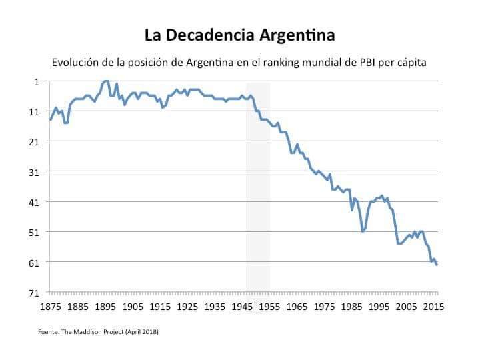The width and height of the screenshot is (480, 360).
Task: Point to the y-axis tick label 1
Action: coord(37,81)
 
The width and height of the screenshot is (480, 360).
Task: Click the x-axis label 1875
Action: coord(51,307)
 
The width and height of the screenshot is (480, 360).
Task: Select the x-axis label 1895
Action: coord(105,307)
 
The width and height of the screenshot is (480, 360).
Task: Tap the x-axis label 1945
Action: coord(242,307)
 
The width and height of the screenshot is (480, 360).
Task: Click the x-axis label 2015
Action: coord(433,307)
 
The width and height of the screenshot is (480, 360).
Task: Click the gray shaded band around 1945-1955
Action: coord(258,187)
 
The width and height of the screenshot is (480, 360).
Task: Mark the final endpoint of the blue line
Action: coord(437,265)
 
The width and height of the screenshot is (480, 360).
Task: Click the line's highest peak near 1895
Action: coord(106,81)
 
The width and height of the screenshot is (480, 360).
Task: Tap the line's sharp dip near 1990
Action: coord(363,231)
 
